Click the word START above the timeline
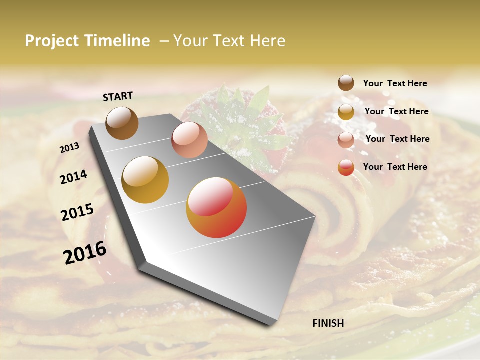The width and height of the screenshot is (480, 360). [x=118, y=96]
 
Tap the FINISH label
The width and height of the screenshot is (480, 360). [x=328, y=323]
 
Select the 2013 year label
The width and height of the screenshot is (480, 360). [x=69, y=148]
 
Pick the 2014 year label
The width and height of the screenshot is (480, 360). [x=73, y=177]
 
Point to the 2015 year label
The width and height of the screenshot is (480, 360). [x=77, y=212]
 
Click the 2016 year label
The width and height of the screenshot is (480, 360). [x=85, y=252]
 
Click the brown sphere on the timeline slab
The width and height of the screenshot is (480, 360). [x=122, y=123]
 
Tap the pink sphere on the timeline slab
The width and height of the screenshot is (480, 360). [x=189, y=140]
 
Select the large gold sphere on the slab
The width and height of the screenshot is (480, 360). [x=145, y=179]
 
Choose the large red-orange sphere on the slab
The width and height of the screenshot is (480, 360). [x=216, y=207]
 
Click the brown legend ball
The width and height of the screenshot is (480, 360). [x=346, y=83]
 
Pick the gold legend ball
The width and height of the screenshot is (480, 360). [x=346, y=111]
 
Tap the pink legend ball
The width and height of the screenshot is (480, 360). [x=346, y=139]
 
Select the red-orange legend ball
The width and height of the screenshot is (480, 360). [x=346, y=167]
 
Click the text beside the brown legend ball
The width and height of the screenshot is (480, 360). [x=395, y=83]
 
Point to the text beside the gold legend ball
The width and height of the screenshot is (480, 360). [x=396, y=111]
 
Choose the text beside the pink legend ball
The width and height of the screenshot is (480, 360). [x=397, y=139]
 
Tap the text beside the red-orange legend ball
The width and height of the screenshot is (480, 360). [x=395, y=167]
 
